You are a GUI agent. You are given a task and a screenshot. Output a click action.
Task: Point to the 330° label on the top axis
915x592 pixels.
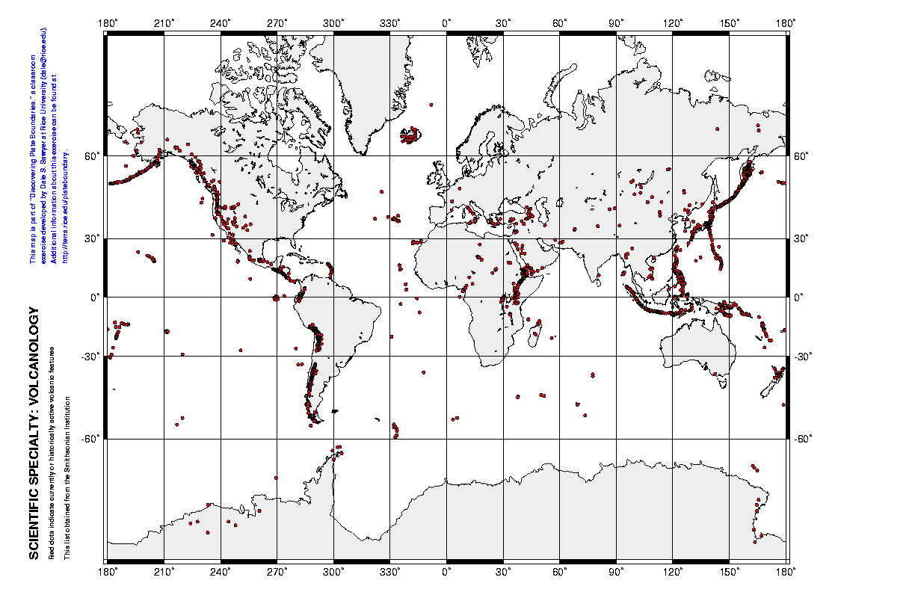[x=390, y=24]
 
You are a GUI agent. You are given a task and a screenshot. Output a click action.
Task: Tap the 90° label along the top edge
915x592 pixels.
[x=616, y=24]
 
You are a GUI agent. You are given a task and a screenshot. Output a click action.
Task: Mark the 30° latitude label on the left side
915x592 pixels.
[x=96, y=239]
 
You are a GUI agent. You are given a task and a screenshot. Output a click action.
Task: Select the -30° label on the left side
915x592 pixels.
[x=93, y=356]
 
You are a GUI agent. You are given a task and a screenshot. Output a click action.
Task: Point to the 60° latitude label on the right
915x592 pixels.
[x=801, y=156]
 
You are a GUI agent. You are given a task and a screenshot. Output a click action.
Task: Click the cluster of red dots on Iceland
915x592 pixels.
[x=410, y=136]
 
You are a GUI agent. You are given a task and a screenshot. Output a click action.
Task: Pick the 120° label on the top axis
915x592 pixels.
[x=673, y=24]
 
